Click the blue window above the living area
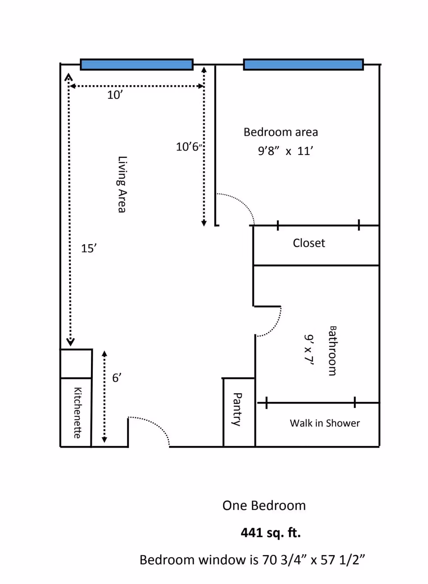[x=137, y=65]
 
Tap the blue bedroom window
[x=304, y=65]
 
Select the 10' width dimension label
[x=115, y=95]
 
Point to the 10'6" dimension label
[x=189, y=147]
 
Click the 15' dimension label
[x=89, y=249]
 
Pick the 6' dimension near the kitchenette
[x=117, y=378]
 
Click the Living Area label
[x=122, y=184]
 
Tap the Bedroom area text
[x=281, y=132]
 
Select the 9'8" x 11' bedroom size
[x=285, y=151]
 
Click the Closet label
[x=309, y=243]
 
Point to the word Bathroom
[x=332, y=351]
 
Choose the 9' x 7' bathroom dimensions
[x=309, y=349]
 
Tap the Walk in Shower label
[x=325, y=423]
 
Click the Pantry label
[x=238, y=409]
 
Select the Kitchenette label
[x=78, y=412]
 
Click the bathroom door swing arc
[x=275, y=327]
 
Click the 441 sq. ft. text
[x=271, y=533]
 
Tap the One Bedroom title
[x=264, y=506]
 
